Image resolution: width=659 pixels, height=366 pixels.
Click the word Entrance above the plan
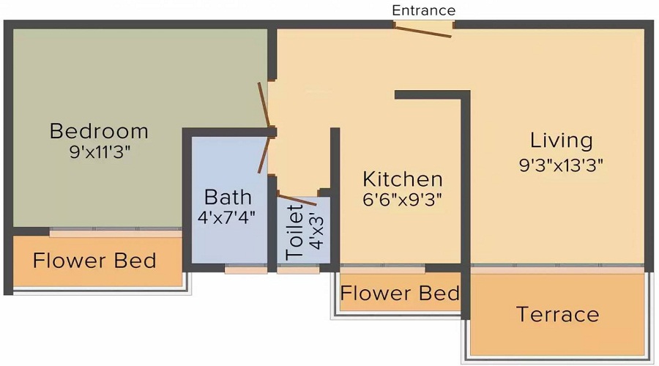pyautogui.click(x=424, y=10)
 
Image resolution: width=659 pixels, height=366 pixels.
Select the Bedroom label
pyautogui.click(x=99, y=131)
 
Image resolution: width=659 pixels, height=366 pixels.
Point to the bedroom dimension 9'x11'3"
pyautogui.click(x=99, y=152)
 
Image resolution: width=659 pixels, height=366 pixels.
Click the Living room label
pyautogui.click(x=562, y=140)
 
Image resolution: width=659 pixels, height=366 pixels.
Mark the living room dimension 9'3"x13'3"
pyautogui.click(x=561, y=165)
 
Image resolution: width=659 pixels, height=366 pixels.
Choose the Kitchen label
pyautogui.click(x=403, y=179)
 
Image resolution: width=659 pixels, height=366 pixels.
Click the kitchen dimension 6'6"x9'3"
pyautogui.click(x=403, y=198)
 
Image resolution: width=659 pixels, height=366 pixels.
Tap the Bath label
pyautogui.click(x=228, y=197)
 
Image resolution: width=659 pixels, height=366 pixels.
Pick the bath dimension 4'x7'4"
pyautogui.click(x=228, y=217)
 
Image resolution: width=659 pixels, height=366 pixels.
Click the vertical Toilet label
pyautogui.click(x=295, y=232)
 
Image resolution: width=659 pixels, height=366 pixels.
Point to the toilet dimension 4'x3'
pyautogui.click(x=316, y=232)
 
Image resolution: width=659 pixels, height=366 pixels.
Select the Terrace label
pyautogui.click(x=558, y=315)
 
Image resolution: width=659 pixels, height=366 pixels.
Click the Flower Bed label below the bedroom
pyautogui.click(x=94, y=261)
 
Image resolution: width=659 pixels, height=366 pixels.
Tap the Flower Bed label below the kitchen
pyautogui.click(x=401, y=294)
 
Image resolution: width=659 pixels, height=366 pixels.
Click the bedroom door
pyautogui.click(x=265, y=106)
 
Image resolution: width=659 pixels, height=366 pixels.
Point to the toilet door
pyautogui.click(x=297, y=199)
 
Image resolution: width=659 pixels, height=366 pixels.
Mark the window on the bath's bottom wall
pyautogui.click(x=245, y=269)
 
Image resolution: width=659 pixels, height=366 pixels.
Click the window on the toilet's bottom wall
pyautogui.click(x=298, y=269)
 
